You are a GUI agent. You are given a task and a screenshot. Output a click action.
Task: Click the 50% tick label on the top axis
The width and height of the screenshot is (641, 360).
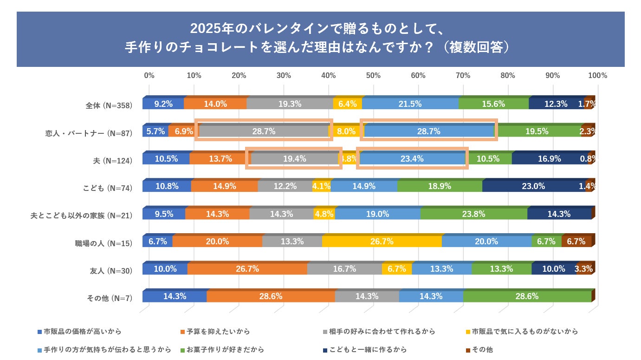[x=373, y=76]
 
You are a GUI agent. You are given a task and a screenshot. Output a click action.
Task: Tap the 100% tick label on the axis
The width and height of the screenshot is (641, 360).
[x=597, y=76]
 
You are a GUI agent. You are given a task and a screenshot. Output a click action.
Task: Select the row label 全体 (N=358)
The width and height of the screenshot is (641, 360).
[x=109, y=105]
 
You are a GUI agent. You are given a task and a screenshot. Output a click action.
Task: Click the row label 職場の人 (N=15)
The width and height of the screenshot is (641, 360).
[x=104, y=242]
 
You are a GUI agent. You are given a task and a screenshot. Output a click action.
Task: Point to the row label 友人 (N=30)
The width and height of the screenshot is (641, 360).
[x=111, y=270]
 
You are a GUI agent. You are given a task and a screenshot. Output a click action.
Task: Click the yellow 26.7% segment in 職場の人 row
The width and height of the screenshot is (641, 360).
[x=382, y=242]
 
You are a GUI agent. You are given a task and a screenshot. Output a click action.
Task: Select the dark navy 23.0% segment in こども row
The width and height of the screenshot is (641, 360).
[x=533, y=186]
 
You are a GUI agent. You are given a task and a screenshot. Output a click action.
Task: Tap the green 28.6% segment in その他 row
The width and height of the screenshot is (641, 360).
[x=527, y=296]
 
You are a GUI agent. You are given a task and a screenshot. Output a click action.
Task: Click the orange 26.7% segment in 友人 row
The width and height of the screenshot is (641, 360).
[x=247, y=269]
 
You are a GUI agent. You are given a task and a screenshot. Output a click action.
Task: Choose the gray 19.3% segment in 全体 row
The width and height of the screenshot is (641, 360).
[x=290, y=104]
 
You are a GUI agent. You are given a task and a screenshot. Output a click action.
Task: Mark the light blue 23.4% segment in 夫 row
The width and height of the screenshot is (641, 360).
[x=412, y=159]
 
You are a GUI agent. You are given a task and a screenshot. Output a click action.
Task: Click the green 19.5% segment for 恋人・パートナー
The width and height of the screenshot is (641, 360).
[x=537, y=131]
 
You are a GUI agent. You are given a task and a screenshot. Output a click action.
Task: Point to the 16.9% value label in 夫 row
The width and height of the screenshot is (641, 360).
[x=550, y=159]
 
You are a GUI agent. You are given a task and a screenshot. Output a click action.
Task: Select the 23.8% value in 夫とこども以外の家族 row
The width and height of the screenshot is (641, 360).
[x=473, y=214]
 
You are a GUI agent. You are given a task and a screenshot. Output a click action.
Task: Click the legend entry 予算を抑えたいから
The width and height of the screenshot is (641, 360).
[x=218, y=332]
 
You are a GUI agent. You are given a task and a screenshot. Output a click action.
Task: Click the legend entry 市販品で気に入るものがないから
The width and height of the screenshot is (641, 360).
[x=524, y=332]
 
